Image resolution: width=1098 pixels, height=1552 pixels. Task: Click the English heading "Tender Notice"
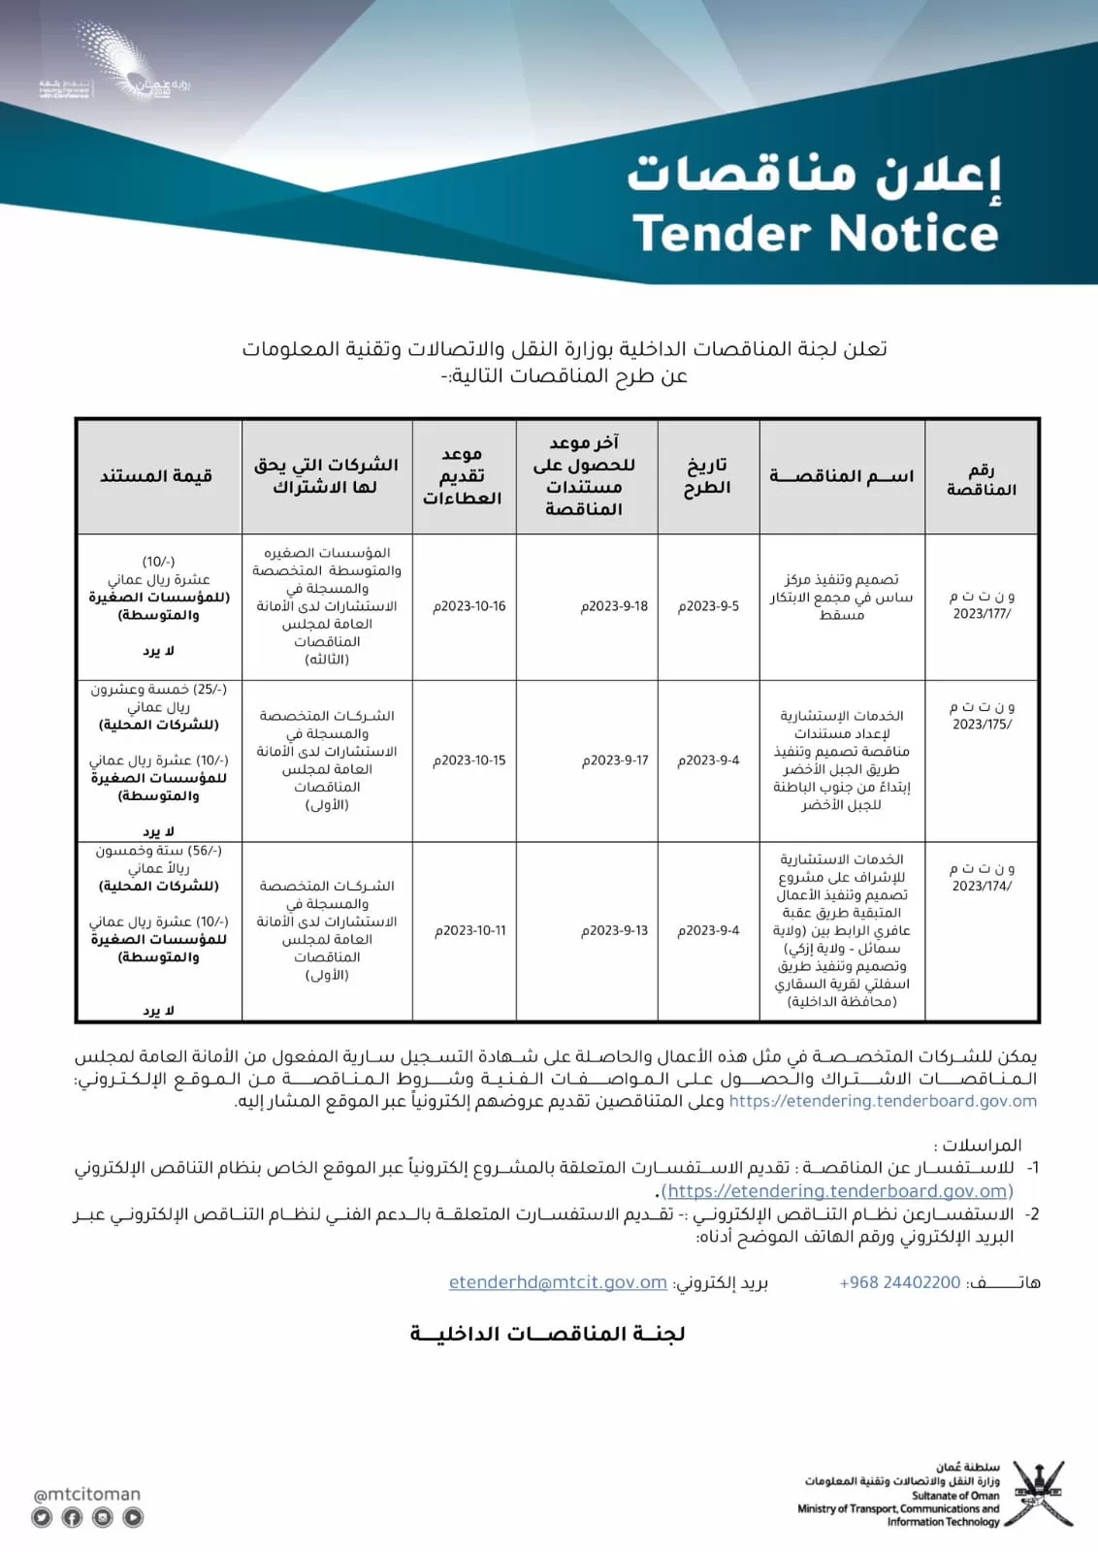point(815,234)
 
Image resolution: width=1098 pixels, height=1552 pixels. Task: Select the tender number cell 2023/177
point(982,605)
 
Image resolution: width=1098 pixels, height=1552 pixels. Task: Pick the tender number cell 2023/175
point(982,716)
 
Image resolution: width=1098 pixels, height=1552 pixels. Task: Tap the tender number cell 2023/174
point(982,877)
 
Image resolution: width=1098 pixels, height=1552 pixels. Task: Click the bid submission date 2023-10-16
point(469,606)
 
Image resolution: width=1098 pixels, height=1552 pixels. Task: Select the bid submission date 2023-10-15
point(469,760)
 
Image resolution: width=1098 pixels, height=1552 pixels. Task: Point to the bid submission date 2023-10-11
point(470,930)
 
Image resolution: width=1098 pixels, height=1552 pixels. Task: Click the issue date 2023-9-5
point(708,606)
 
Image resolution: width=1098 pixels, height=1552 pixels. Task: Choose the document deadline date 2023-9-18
point(615,606)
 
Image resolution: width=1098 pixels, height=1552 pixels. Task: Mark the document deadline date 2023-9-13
point(615,930)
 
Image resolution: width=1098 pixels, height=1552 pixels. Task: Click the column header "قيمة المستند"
point(156,476)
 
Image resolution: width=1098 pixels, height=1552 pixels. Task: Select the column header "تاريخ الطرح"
point(707,476)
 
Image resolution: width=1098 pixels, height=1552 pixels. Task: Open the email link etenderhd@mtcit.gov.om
point(558,1282)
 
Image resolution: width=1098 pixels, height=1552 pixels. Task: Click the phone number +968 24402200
point(900,1282)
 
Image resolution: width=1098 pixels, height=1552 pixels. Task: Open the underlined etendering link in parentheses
point(838,1191)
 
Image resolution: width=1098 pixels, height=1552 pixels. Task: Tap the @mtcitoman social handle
point(87,1495)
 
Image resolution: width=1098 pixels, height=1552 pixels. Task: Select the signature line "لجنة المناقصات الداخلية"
point(548,1334)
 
